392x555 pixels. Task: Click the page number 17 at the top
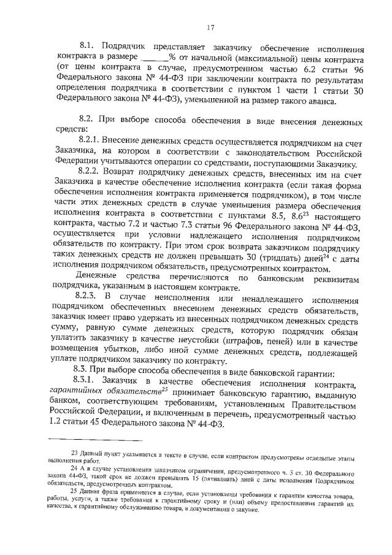(210, 27)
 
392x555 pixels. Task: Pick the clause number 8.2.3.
(90, 297)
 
